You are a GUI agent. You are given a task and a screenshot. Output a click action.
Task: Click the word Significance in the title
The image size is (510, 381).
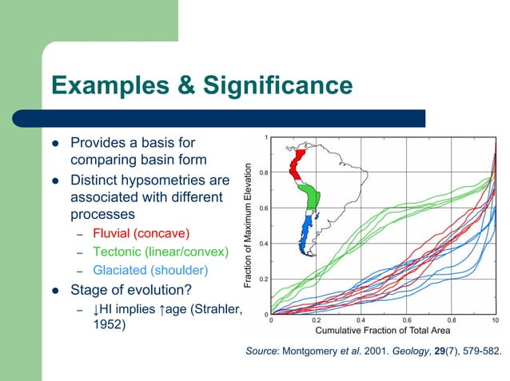click(275, 85)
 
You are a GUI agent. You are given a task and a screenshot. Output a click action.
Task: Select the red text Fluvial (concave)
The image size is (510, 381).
click(141, 233)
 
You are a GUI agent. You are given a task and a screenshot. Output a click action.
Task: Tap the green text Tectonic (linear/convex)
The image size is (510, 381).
click(160, 252)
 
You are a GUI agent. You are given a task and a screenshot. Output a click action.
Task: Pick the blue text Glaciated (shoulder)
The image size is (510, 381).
click(150, 270)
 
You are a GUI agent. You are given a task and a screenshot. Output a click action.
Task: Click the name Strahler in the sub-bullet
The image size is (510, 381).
click(212, 308)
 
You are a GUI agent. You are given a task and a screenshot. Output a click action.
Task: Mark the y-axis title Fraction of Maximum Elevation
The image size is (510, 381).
click(250, 226)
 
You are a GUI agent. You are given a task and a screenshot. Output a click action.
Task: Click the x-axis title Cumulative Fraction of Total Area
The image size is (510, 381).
click(383, 330)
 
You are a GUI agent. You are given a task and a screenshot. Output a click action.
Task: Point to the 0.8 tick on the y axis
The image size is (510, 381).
click(263, 173)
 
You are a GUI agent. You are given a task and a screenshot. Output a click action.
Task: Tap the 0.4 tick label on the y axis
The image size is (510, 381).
click(263, 244)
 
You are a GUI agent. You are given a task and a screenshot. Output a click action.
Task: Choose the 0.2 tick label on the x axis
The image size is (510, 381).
click(316, 319)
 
